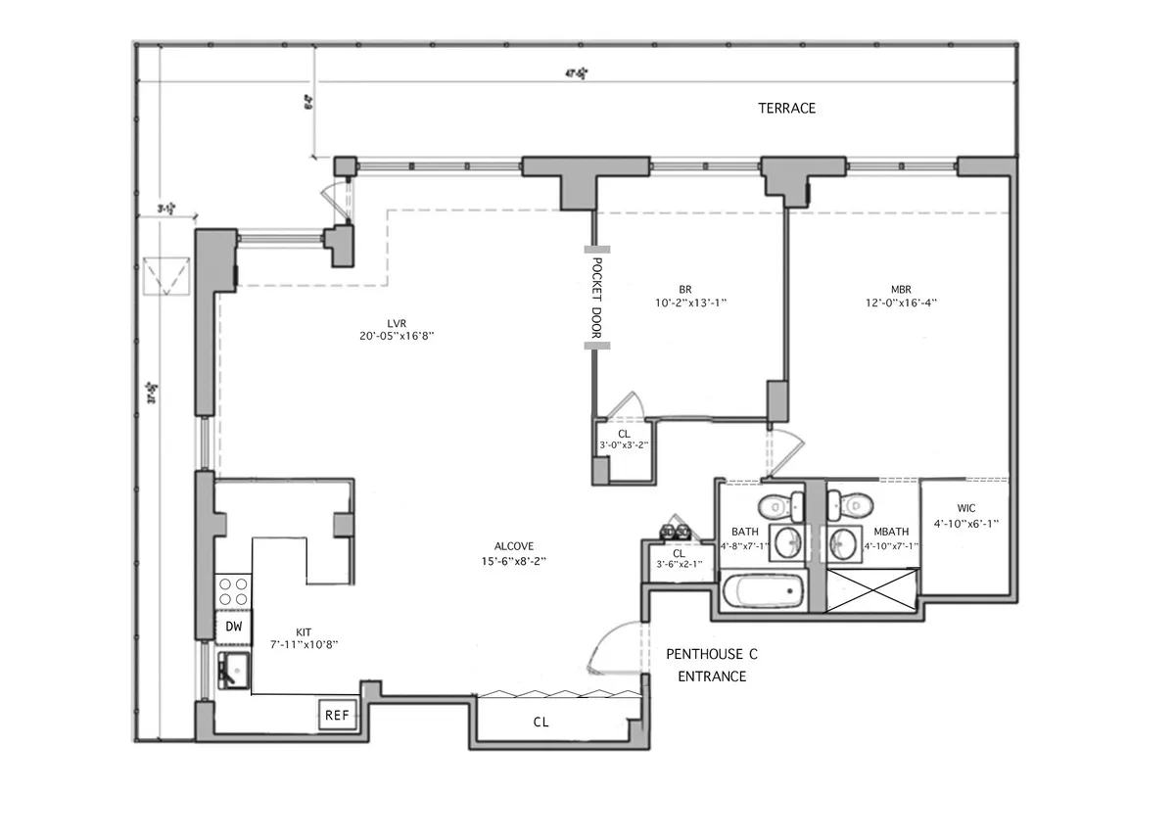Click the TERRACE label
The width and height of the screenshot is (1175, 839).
(x=786, y=108)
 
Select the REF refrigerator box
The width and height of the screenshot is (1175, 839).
(x=337, y=716)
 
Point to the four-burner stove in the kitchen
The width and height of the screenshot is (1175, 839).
(x=233, y=591)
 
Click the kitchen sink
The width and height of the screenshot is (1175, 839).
(x=234, y=671)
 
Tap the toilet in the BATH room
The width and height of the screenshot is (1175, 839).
(x=776, y=504)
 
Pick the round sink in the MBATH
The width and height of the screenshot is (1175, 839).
(x=843, y=542)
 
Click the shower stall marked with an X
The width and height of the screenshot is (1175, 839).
(x=871, y=588)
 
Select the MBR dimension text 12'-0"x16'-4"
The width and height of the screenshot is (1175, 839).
(x=901, y=303)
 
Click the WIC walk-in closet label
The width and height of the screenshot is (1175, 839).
(x=964, y=508)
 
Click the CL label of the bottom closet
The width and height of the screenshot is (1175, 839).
(x=540, y=722)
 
